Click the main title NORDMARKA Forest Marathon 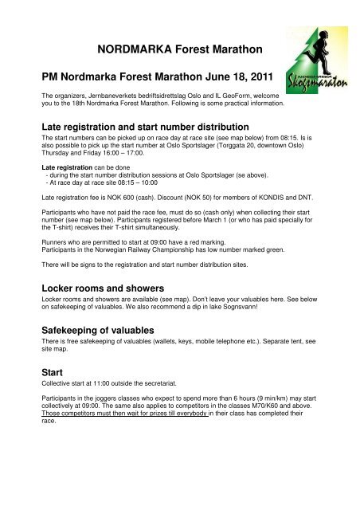pyautogui.click(x=179, y=50)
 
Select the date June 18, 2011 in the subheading pyautogui.click(x=219, y=76)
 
